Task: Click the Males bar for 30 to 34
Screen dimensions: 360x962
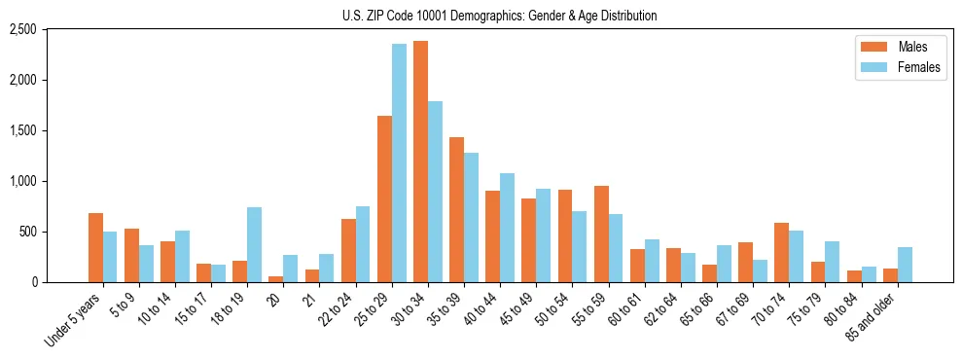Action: (420, 162)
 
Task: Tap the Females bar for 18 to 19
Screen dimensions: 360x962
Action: (255, 244)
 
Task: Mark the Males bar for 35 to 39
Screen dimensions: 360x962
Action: (456, 209)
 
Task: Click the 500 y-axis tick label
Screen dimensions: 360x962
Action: (55, 232)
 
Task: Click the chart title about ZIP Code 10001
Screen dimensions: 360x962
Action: (499, 16)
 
